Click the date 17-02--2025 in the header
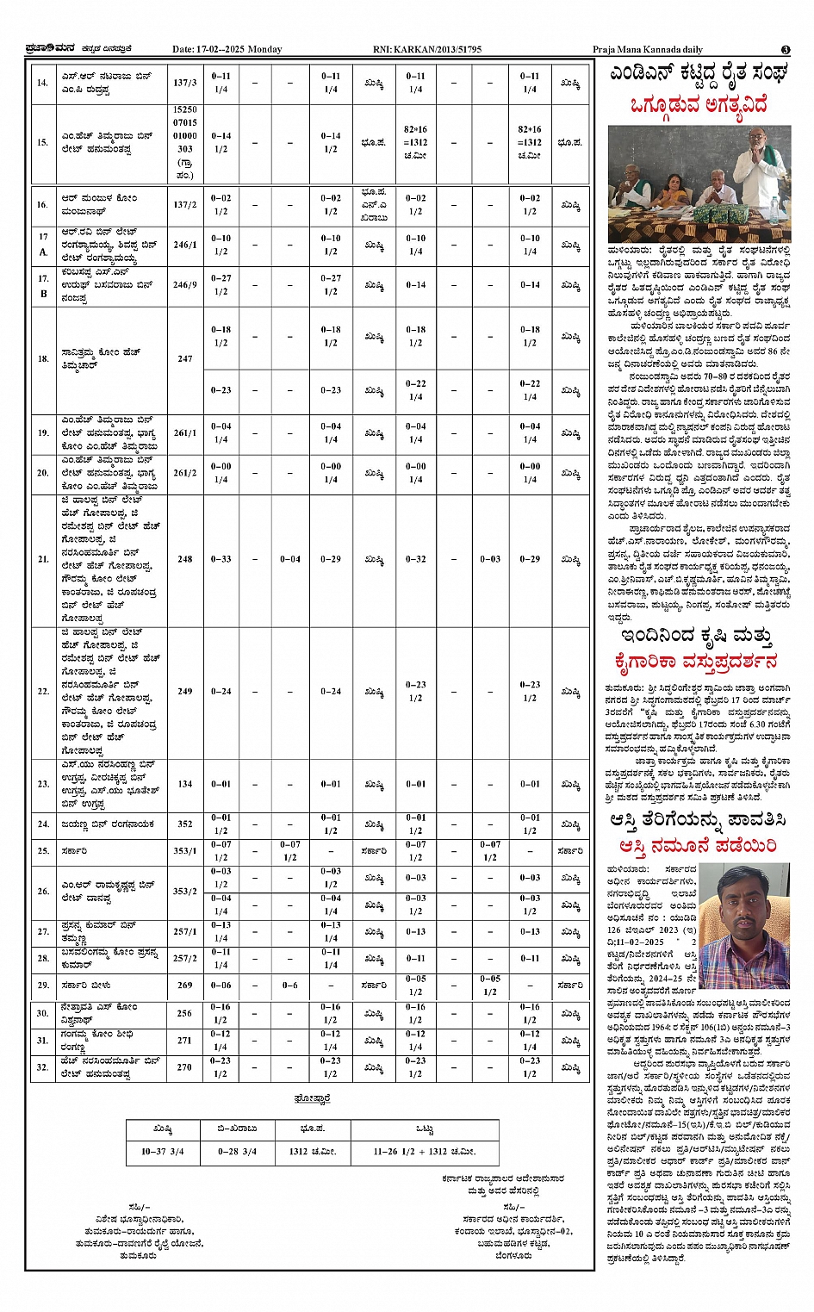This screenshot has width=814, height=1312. click(227, 49)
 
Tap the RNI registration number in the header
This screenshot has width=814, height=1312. click(427, 49)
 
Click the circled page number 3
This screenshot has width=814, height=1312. click(786, 50)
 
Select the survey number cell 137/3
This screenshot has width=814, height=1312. click(185, 83)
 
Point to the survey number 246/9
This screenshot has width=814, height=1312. click(185, 285)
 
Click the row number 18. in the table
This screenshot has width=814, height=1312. click(43, 358)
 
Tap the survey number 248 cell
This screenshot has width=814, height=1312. click(185, 559)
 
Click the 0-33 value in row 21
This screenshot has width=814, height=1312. click(221, 559)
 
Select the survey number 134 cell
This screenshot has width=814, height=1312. click(185, 784)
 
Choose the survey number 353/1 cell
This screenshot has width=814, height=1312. click(185, 851)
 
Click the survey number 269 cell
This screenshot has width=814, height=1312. click(185, 986)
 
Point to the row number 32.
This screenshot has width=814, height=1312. click(43, 1067)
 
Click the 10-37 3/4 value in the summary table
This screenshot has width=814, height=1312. click(163, 1151)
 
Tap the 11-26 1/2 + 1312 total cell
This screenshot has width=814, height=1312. click(424, 1151)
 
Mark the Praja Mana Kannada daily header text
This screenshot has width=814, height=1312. click(648, 49)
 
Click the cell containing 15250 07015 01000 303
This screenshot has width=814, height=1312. click(185, 143)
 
